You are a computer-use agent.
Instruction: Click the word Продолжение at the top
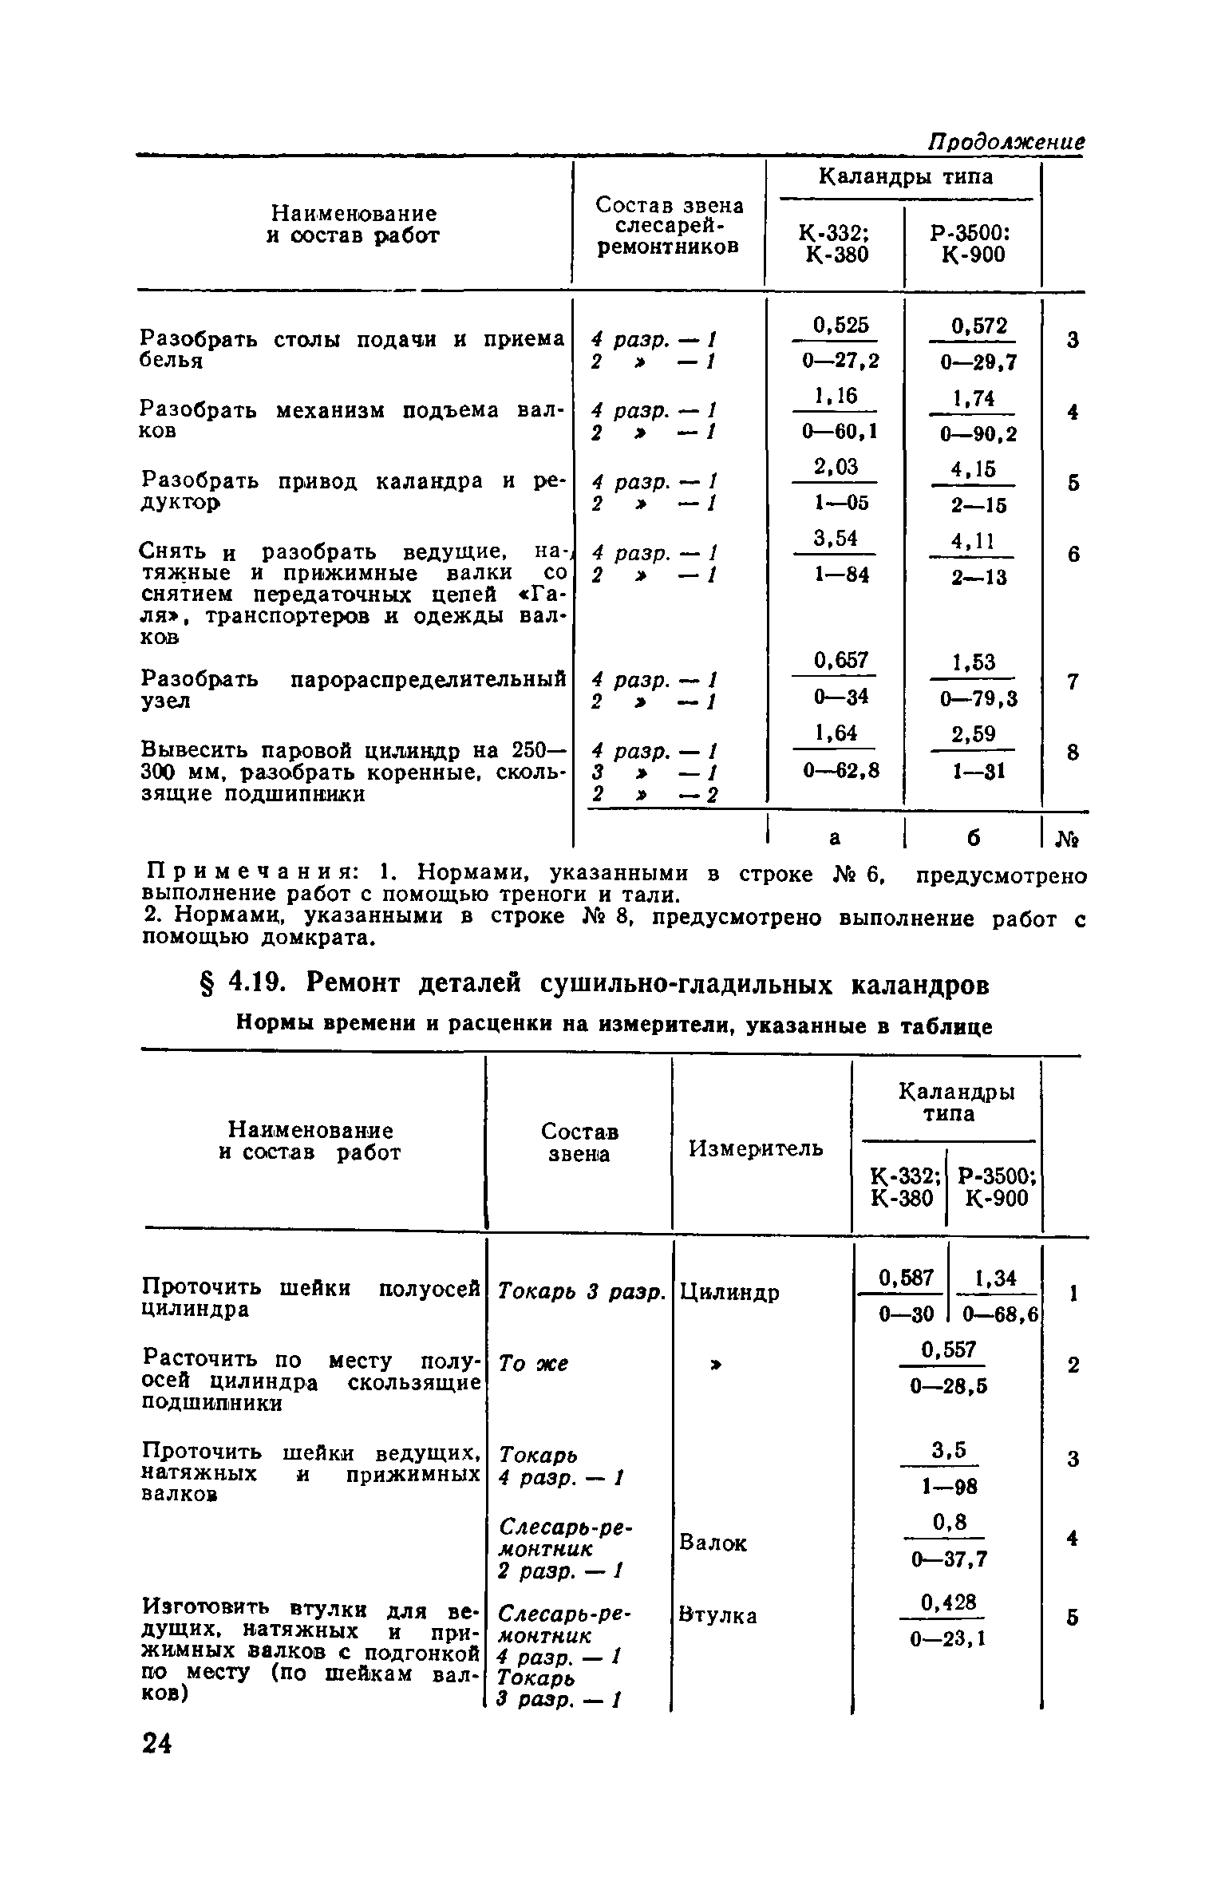click(x=1005, y=143)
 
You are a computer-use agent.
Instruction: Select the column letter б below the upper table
click(x=973, y=837)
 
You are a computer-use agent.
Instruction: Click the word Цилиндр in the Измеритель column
click(x=729, y=1291)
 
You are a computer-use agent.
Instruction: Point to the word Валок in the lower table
click(x=713, y=1543)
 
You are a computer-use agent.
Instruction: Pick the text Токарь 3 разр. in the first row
click(x=581, y=1291)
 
